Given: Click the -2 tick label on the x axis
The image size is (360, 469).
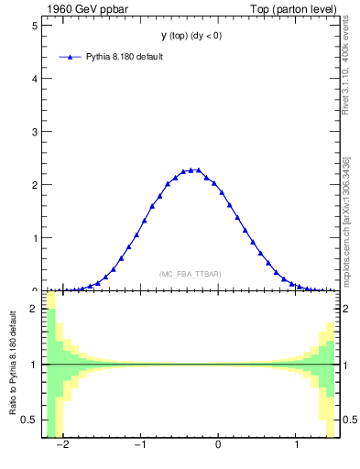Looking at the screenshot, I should click(61, 445).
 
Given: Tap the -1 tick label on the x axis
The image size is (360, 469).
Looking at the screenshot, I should click(139, 445).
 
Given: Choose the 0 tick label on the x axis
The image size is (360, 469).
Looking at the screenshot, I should click(218, 445).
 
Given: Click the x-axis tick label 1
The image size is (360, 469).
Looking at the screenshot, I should click(296, 445).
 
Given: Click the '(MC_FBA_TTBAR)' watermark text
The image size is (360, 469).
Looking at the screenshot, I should click(190, 274).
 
